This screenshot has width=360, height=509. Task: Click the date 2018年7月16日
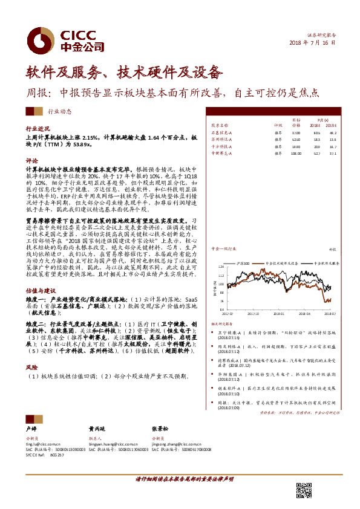tap(312, 44)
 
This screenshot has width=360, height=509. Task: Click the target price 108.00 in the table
tap(296, 153)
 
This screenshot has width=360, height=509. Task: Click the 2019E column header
tap(330, 125)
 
